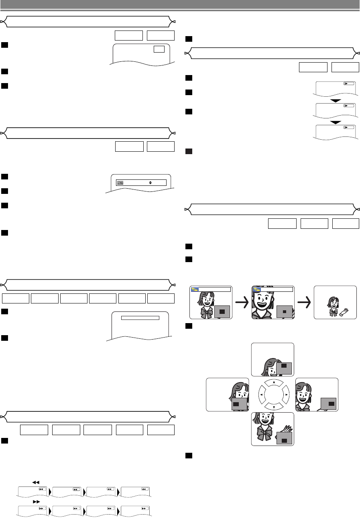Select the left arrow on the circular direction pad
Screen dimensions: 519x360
[x=260, y=395]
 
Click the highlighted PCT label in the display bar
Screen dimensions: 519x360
[x=120, y=182]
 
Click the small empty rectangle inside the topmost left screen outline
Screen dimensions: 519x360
[x=159, y=49]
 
